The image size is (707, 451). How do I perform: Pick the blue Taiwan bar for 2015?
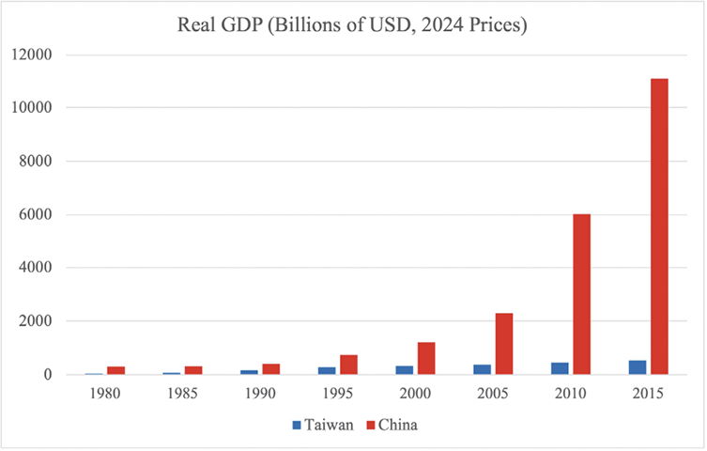pyautogui.click(x=638, y=367)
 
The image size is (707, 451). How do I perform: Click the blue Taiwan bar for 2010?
pyautogui.click(x=561, y=368)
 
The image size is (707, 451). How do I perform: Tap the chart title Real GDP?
pyautogui.click(x=353, y=26)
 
